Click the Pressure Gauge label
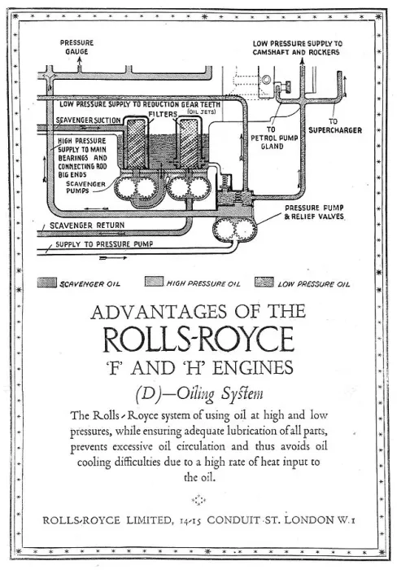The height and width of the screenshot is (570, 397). (x=76, y=47)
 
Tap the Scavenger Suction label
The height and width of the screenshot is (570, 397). (x=88, y=120)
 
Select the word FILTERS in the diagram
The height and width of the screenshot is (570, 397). (x=163, y=114)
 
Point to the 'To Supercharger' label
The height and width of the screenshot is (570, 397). (x=335, y=125)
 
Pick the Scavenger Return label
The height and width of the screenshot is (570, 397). (x=87, y=226)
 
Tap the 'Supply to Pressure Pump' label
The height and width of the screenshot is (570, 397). (x=104, y=244)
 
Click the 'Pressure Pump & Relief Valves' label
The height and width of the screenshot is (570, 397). (x=314, y=213)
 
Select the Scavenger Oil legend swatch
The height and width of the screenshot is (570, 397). (x=47, y=283)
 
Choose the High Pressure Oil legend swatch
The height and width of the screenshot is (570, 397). (x=154, y=282)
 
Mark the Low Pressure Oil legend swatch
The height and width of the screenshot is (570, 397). (x=264, y=282)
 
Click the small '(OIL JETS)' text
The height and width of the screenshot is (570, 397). (x=201, y=112)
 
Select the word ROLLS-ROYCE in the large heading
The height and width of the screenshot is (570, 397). (x=198, y=340)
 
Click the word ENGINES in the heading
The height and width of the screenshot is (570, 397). (x=253, y=367)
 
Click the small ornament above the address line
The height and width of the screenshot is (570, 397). (x=198, y=500)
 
